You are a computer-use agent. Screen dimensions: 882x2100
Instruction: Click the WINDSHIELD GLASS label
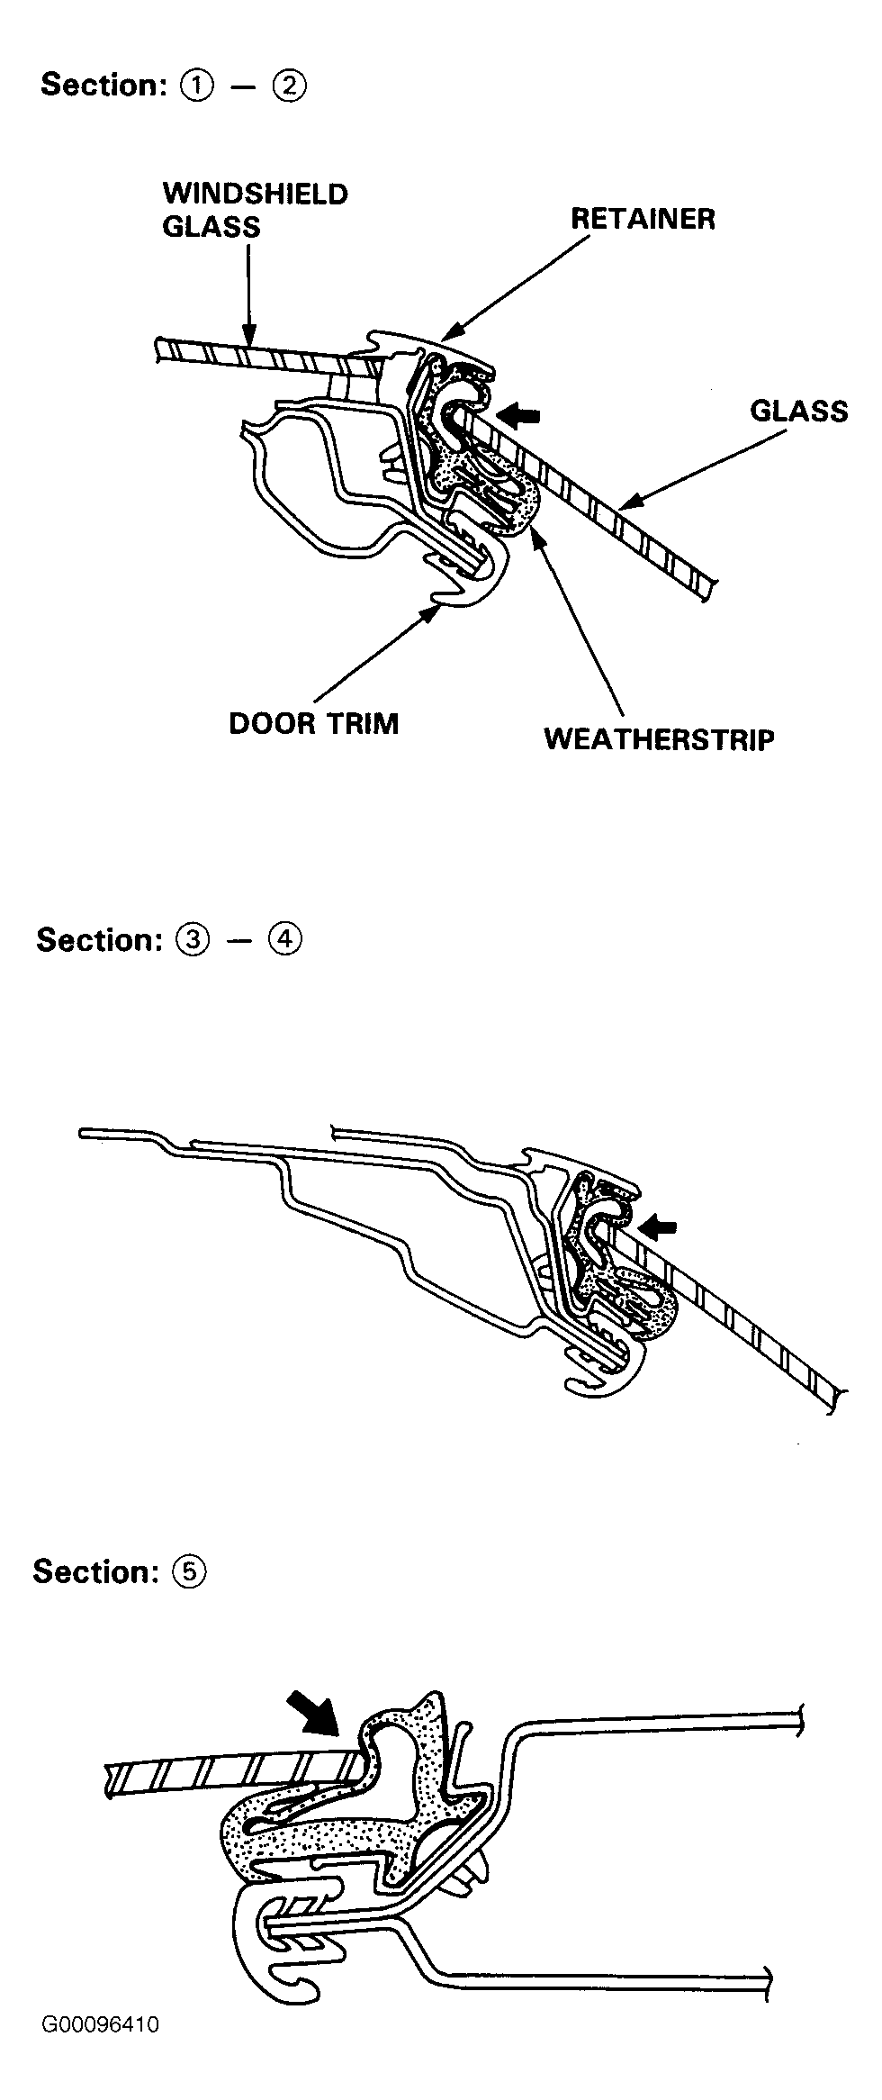pyautogui.click(x=255, y=210)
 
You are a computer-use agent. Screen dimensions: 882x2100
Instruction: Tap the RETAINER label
pyautogui.click(x=643, y=219)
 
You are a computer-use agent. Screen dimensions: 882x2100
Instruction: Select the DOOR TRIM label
pyautogui.click(x=313, y=724)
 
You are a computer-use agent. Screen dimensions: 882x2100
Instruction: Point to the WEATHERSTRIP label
pyautogui.click(x=660, y=739)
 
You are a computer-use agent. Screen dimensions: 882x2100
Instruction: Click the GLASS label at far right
pyautogui.click(x=799, y=412)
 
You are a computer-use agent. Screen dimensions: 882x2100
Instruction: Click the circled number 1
pyautogui.click(x=197, y=86)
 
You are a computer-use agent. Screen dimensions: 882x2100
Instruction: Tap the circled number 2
pyautogui.click(x=291, y=86)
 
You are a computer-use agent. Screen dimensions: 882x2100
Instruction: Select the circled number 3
pyautogui.click(x=193, y=940)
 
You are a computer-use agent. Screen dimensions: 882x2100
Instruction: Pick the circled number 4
pyautogui.click(x=286, y=940)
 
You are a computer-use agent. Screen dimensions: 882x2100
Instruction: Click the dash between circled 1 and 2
pyautogui.click(x=244, y=86)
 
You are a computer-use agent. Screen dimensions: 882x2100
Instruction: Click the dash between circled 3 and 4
pyautogui.click(x=239, y=941)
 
